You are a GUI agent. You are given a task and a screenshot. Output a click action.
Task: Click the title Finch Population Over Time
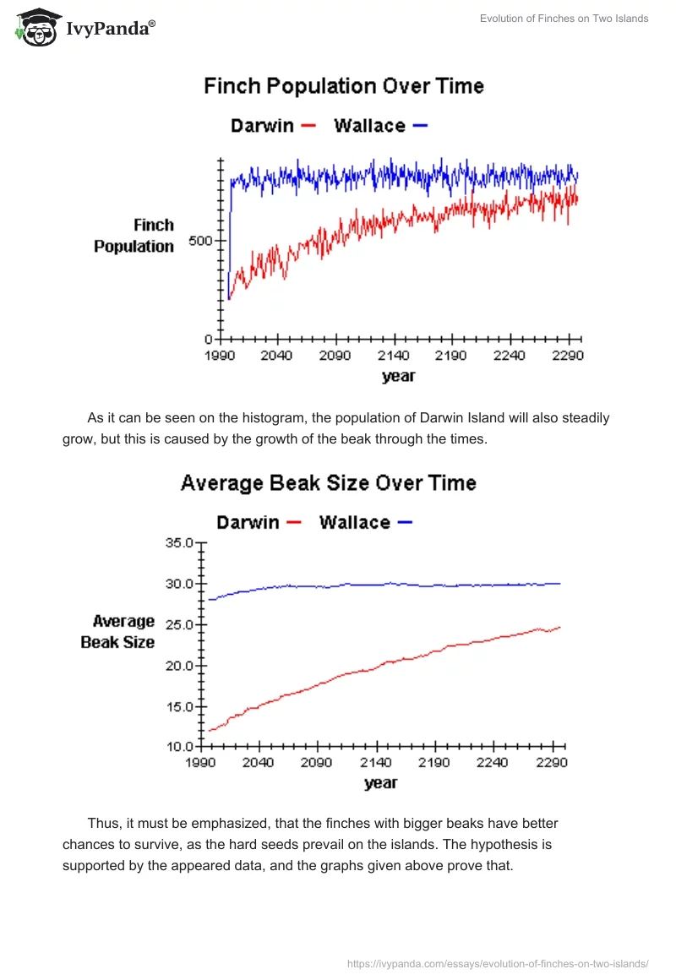tap(343, 86)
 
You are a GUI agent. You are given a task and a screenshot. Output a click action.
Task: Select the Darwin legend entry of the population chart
tap(272, 126)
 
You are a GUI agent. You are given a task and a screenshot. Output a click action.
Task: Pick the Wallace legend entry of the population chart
tap(380, 126)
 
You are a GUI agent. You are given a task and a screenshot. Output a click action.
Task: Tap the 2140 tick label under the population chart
tap(393, 356)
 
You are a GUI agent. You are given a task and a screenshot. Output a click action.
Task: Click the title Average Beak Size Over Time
tap(329, 483)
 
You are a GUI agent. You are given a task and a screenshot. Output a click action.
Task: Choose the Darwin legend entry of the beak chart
tap(258, 522)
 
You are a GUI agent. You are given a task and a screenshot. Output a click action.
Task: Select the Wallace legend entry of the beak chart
tap(365, 522)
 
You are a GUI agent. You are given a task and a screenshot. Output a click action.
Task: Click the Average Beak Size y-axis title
tap(118, 632)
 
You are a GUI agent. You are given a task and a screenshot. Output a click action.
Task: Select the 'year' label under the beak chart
tap(380, 783)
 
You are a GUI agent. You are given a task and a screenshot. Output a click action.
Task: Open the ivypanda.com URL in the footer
tap(498, 963)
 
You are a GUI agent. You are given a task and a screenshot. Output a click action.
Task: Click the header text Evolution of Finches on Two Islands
tap(564, 19)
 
